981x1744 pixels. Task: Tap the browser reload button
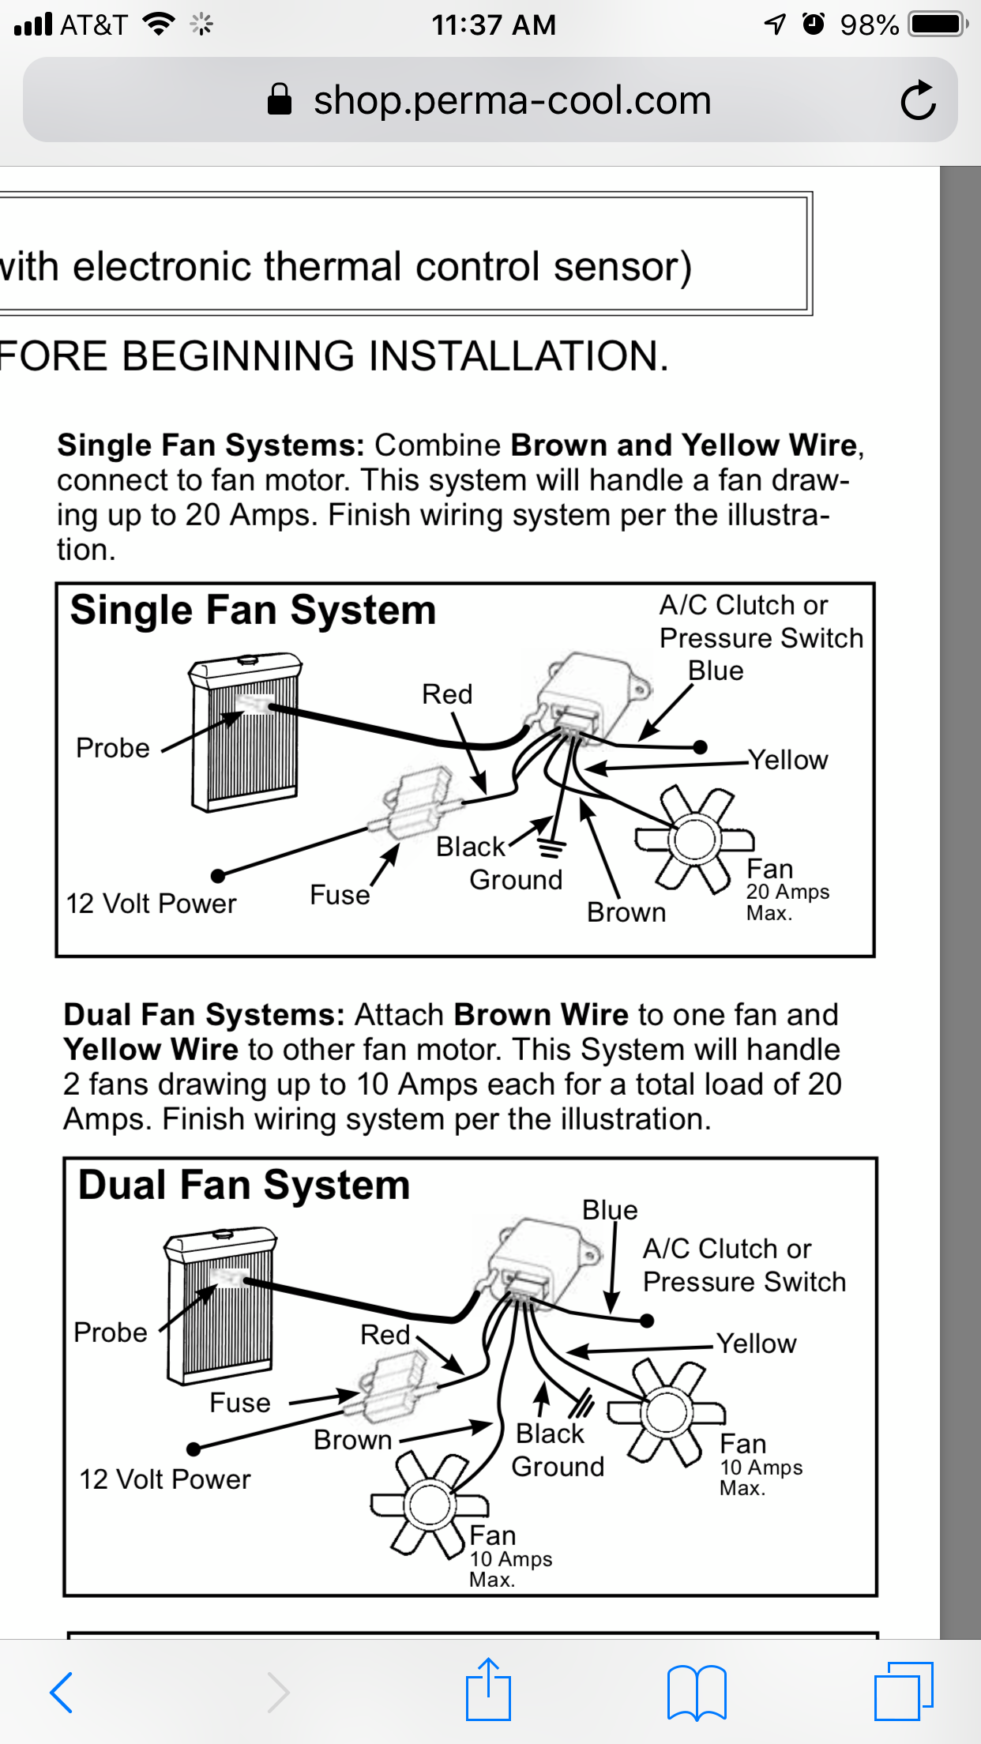click(918, 101)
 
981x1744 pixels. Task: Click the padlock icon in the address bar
click(280, 100)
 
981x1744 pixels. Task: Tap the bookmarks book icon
click(696, 1692)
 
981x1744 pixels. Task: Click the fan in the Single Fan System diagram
click(694, 840)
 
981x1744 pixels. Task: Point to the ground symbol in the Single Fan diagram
click(551, 849)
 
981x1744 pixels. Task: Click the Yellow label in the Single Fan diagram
click(788, 760)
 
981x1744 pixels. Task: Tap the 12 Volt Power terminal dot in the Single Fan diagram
click(219, 875)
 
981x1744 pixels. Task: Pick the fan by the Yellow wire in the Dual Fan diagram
click(667, 1414)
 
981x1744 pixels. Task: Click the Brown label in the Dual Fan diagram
click(352, 1440)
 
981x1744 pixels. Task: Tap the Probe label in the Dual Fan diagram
click(111, 1332)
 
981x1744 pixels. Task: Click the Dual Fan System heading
click(244, 1186)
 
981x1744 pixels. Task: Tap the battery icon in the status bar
click(938, 24)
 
